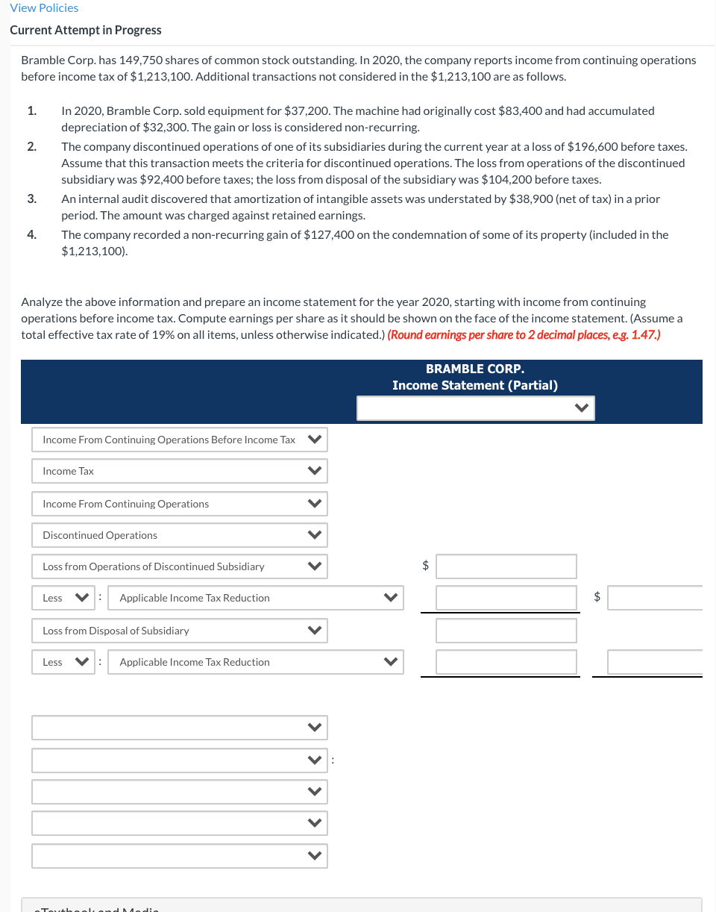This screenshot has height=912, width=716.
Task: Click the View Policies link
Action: pos(44,7)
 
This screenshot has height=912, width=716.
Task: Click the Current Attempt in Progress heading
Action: pos(86,30)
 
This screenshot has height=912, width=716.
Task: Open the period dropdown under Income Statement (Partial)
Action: pos(475,408)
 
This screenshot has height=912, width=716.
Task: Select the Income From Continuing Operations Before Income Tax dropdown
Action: pos(179,440)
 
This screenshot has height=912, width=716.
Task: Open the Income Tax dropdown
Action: pos(179,471)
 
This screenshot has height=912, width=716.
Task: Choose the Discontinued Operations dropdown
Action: pos(179,535)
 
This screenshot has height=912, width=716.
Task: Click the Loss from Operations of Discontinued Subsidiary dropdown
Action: pos(179,566)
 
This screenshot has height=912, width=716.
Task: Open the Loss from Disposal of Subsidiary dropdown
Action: pos(179,631)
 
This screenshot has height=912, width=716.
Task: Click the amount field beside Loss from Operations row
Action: pos(506,566)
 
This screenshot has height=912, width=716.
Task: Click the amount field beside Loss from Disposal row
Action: pos(506,631)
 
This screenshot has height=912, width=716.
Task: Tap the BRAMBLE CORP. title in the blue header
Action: pos(474,369)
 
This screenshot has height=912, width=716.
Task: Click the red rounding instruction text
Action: pos(524,334)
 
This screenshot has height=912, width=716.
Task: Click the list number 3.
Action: pos(31,199)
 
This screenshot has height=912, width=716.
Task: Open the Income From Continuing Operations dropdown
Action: pos(179,504)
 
